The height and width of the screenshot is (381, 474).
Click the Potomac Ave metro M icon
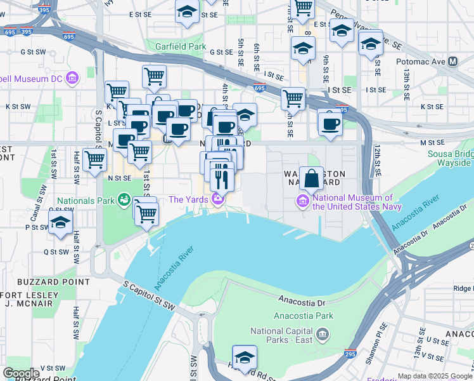(452, 62)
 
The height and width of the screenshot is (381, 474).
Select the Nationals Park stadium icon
(125, 201)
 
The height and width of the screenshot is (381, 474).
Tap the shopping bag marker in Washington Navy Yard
(312, 178)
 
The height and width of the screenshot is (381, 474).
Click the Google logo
(22, 373)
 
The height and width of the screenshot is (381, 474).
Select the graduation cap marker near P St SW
(60, 223)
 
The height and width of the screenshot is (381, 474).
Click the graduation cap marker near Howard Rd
(244, 356)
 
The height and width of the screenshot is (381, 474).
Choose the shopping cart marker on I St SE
(292, 98)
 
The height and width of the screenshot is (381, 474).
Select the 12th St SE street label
(376, 160)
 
